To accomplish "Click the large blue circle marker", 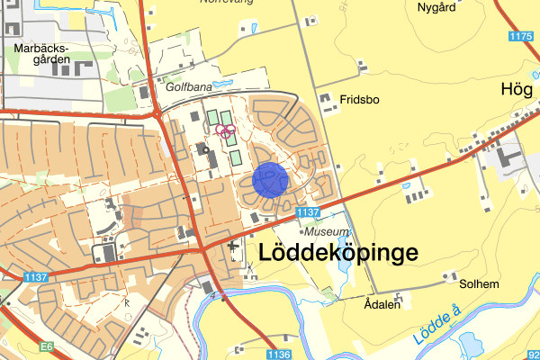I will click(270, 179).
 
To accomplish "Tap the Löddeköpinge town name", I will click(338, 253).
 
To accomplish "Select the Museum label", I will click(325, 231).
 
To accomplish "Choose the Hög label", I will click(517, 88).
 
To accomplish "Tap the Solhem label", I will click(478, 284).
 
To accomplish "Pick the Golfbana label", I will click(188, 88).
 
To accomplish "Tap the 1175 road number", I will click(520, 36).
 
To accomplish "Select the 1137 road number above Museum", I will click(307, 212).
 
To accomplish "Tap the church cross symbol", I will click(235, 245).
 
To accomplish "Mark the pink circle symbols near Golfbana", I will click(225, 131).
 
